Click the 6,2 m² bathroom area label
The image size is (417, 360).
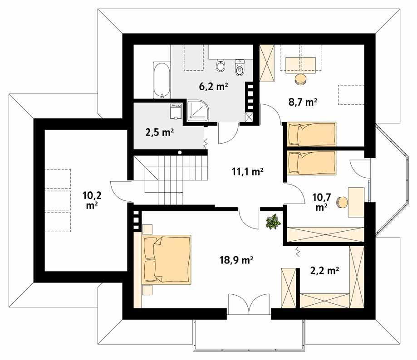coord(213,86)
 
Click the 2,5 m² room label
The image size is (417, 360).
coord(159,132)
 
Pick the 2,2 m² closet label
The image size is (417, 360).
coord(324,271)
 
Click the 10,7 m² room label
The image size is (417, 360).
coord(322,202)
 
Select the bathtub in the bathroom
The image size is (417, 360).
coord(161,81)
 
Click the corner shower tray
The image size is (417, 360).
coord(197,111)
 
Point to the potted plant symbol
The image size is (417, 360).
coord(274,222)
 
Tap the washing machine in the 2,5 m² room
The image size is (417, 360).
coord(175,112)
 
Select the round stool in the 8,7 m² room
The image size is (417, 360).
coord(300,80)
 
